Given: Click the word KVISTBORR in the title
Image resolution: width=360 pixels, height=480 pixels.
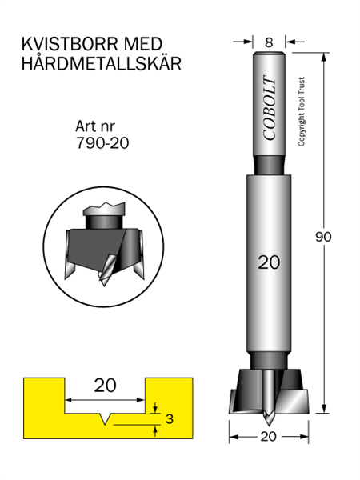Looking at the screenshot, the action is [70, 44].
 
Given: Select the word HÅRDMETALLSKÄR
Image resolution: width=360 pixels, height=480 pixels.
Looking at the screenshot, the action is [102, 63].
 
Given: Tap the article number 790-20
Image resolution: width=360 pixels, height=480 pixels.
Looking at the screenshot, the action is [102, 142].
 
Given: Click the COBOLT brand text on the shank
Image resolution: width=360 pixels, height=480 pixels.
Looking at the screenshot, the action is [270, 108].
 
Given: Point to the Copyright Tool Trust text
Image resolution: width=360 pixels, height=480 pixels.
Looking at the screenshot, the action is [302, 111].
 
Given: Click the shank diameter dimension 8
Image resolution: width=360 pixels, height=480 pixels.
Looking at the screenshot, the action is [269, 42].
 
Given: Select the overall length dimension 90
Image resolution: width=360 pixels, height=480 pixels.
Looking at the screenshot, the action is [323, 237].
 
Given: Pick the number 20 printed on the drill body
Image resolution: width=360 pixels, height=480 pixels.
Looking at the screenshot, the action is [269, 262].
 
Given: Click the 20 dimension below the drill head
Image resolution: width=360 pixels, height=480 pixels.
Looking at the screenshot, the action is [268, 437].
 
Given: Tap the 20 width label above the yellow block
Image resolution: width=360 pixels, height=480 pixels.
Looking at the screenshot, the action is [105, 386].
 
